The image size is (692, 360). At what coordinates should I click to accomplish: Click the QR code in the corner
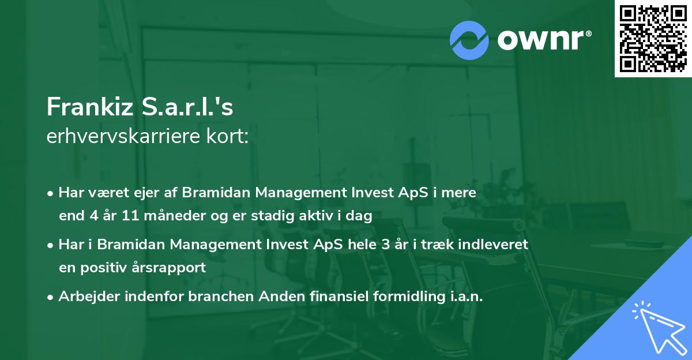click(x=653, y=38)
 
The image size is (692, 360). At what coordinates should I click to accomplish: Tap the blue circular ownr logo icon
click(x=469, y=39)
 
